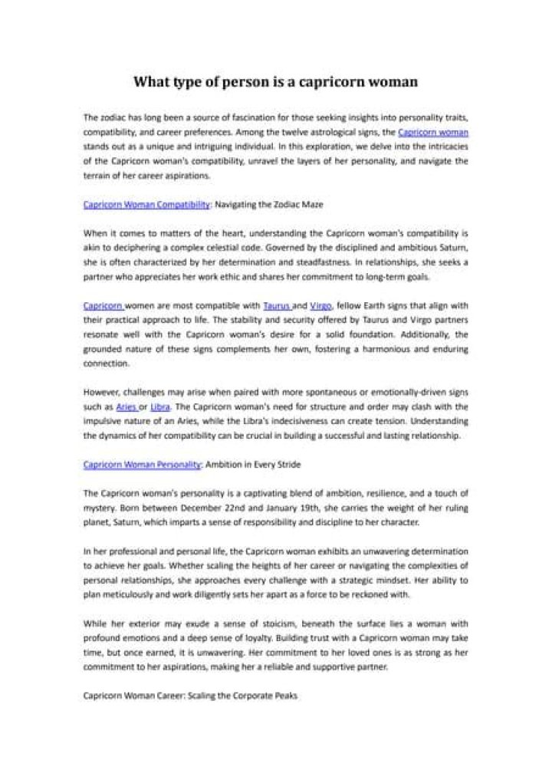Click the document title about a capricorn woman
[x=276, y=81]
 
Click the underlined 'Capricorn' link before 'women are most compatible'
[x=103, y=304]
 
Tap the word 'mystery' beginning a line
[x=100, y=508]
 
